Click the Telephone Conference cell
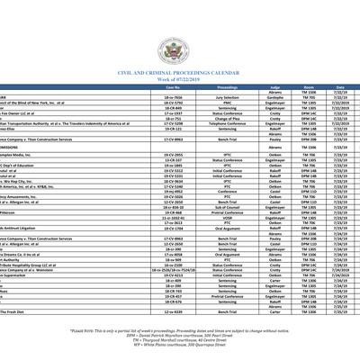(x=220, y=122)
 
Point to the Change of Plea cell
(x=220, y=117)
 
